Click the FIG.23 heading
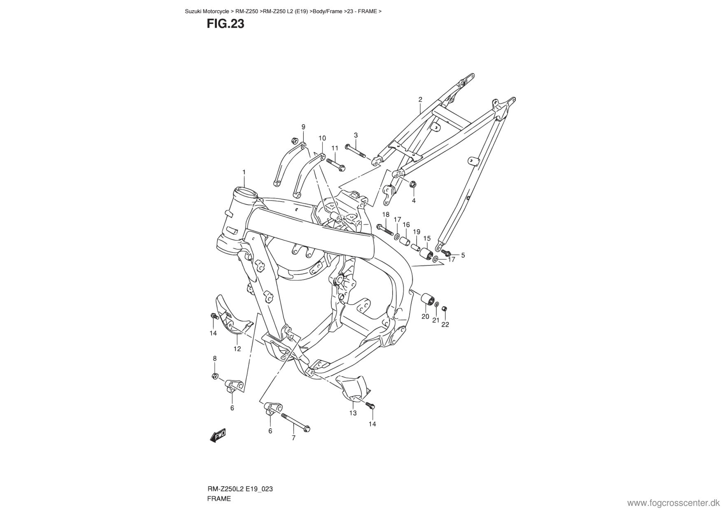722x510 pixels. pos(225,24)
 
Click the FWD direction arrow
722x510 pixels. pos(218,435)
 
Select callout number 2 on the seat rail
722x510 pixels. pos(420,99)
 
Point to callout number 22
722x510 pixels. pos(445,324)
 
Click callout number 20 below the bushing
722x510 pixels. pos(425,317)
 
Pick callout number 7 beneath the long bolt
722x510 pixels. pos(293,438)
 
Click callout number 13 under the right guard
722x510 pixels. pos(353,413)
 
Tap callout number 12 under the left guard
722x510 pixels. pos(237,349)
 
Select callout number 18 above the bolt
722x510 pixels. pos(386,214)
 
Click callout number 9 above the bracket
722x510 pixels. pos(303,127)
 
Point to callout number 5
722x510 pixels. pos(463,255)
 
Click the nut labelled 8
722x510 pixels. pos(214,375)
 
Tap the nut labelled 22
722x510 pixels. pos(444,309)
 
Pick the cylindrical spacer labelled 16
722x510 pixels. pos(405,240)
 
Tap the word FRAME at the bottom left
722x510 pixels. pos(219,498)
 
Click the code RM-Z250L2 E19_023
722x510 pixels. pos(240,489)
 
